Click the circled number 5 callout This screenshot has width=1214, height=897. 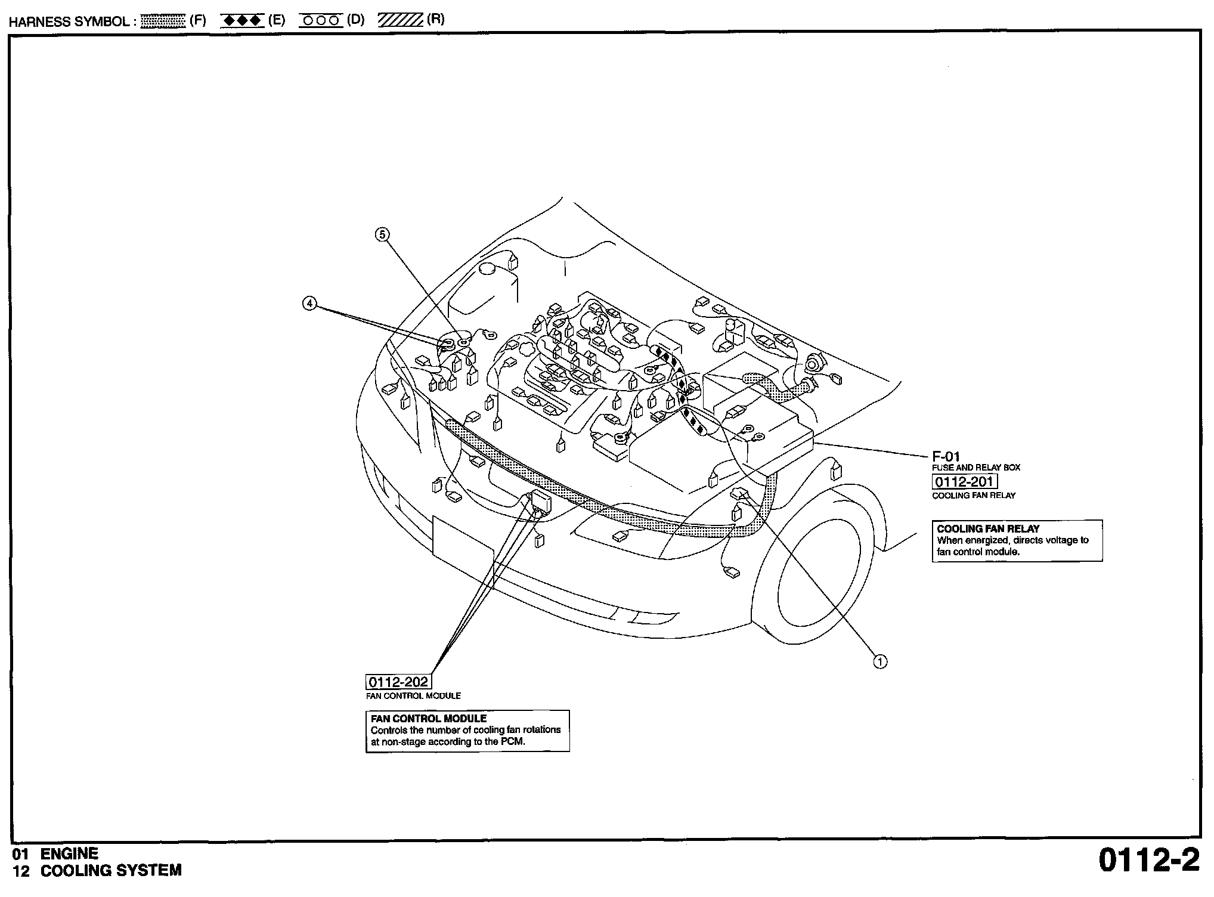pyautogui.click(x=382, y=234)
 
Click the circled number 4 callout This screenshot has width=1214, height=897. pyautogui.click(x=309, y=304)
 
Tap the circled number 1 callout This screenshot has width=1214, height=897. pyautogui.click(x=880, y=661)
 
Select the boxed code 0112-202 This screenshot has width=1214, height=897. pyautogui.click(x=398, y=682)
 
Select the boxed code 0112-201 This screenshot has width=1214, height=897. pyautogui.click(x=965, y=482)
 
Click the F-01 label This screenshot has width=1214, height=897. pyautogui.click(x=946, y=457)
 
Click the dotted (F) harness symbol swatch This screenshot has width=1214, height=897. pyautogui.click(x=163, y=21)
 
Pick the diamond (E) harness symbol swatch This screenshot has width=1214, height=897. pyautogui.click(x=242, y=21)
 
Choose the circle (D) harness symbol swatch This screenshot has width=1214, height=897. pyautogui.click(x=321, y=21)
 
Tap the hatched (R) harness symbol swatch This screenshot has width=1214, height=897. pyautogui.click(x=399, y=21)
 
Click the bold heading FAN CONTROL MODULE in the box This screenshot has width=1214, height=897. pyautogui.click(x=429, y=719)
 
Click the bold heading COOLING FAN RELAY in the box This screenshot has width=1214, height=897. pyautogui.click(x=988, y=528)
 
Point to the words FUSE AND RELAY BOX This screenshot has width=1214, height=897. pyautogui.click(x=976, y=468)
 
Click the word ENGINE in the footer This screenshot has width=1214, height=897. pyautogui.click(x=69, y=854)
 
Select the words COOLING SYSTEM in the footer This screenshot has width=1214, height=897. pyautogui.click(x=111, y=871)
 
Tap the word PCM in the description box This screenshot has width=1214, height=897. pyautogui.click(x=512, y=742)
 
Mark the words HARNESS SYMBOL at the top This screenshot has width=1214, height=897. pyautogui.click(x=69, y=22)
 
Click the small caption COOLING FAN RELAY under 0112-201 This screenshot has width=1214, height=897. pyautogui.click(x=974, y=496)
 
